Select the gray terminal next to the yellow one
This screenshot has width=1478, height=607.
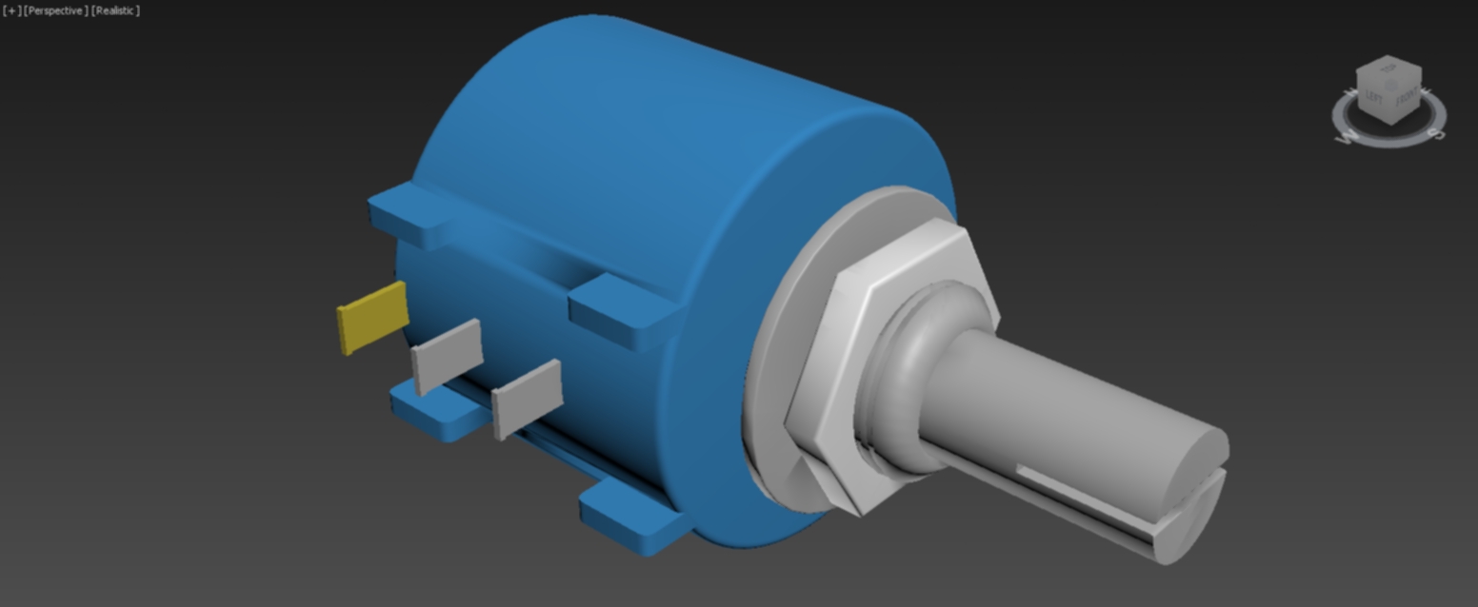[x=447, y=355]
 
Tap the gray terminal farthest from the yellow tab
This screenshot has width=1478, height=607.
[x=527, y=398]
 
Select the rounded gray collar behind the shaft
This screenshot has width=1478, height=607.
[x=914, y=381]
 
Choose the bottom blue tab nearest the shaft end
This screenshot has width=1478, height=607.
[x=632, y=519]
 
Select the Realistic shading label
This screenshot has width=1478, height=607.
[x=115, y=10]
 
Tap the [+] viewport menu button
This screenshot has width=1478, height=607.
[x=11, y=10]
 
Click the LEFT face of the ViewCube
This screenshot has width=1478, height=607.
[x=1374, y=98]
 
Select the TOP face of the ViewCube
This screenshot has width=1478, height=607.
[x=1390, y=69]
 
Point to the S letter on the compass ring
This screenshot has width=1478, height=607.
[x=1437, y=134]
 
